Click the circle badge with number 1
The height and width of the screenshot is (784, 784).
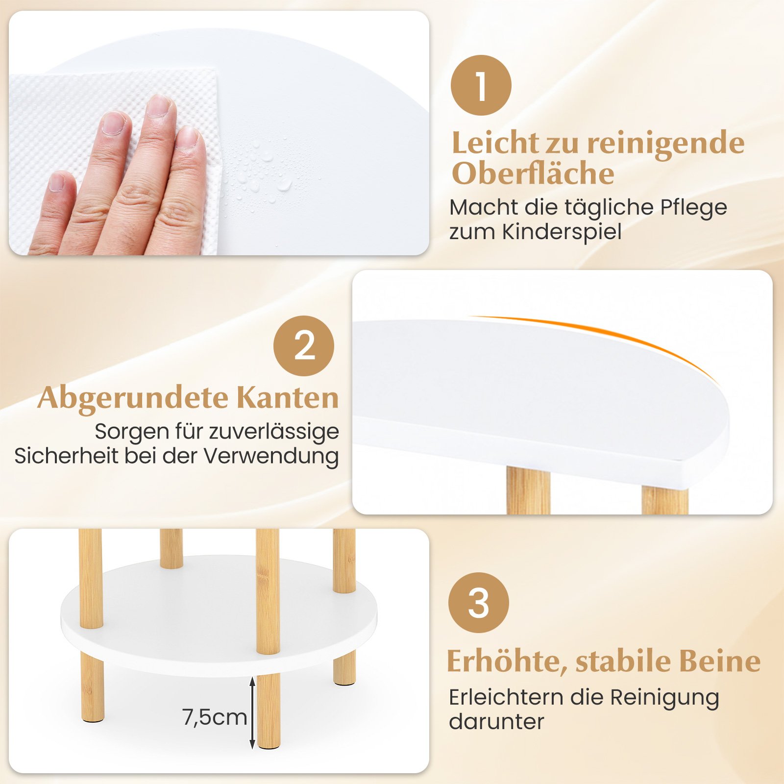(481, 85)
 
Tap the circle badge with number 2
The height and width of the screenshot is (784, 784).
(304, 346)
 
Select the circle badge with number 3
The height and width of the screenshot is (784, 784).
(479, 603)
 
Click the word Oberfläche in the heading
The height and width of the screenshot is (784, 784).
(533, 173)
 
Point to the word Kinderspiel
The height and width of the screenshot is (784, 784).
(562, 232)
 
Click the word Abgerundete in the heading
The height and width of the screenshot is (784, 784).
(133, 397)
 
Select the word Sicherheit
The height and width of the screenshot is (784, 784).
(67, 456)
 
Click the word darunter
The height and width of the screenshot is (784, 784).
(496, 721)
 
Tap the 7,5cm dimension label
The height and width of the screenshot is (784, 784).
(215, 717)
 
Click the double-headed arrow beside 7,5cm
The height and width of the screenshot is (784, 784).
(252, 713)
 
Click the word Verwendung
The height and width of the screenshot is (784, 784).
(271, 456)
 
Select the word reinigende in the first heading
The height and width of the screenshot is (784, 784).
(666, 143)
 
